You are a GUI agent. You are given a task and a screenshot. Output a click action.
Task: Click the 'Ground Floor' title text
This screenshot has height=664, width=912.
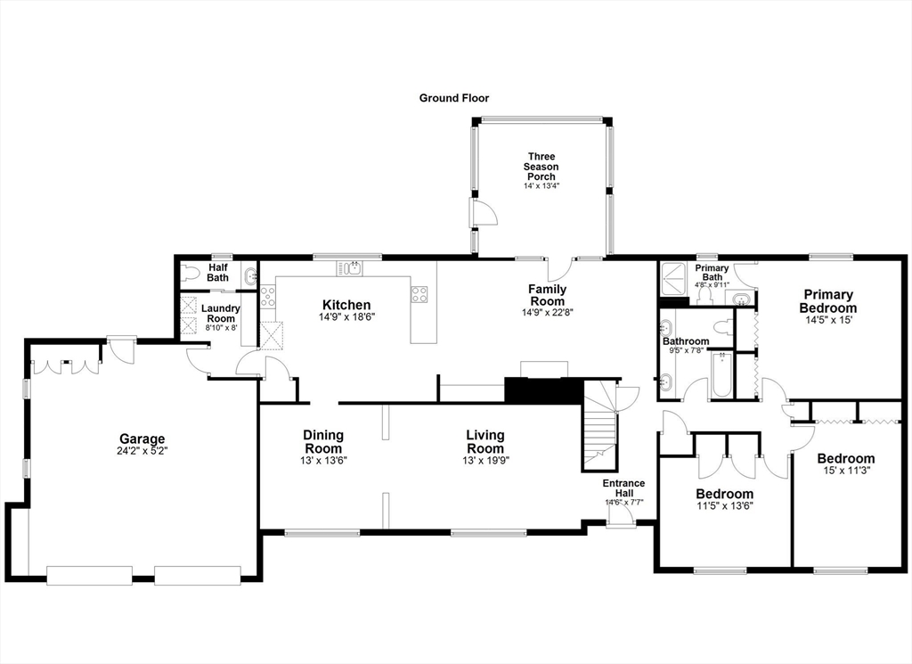click(x=454, y=98)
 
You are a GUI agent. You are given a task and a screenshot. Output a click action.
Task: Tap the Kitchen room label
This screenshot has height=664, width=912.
click(x=346, y=306)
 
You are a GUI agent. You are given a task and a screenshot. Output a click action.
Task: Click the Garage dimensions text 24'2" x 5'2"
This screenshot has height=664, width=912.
click(x=142, y=451)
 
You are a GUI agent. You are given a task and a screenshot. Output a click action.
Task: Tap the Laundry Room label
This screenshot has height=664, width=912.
click(x=220, y=313)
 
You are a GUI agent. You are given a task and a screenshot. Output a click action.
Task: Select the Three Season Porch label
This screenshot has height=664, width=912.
click(x=541, y=167)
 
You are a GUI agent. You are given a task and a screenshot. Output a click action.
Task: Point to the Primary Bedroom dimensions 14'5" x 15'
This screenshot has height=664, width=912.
click(x=828, y=320)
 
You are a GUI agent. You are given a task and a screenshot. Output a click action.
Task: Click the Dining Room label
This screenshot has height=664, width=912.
click(x=323, y=441)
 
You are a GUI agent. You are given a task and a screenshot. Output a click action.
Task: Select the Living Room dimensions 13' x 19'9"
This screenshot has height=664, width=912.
click(x=485, y=461)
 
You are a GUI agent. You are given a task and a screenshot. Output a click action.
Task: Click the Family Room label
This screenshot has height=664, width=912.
click(x=547, y=295)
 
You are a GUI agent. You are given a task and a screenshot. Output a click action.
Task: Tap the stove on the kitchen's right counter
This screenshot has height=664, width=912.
click(x=419, y=292)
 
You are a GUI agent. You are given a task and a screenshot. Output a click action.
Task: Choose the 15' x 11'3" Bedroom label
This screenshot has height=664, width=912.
click(x=845, y=464)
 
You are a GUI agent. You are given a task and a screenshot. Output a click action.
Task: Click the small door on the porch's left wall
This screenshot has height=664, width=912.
click(x=484, y=212)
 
